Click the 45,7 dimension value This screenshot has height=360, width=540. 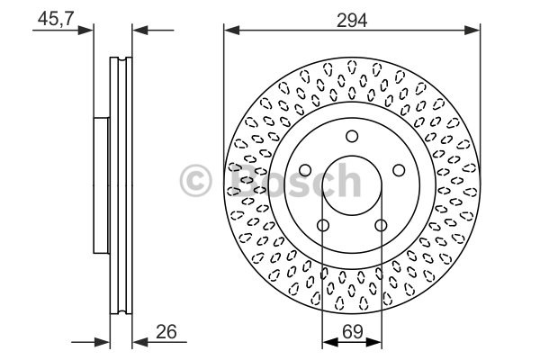[56, 18]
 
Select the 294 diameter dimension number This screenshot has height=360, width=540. [352, 21]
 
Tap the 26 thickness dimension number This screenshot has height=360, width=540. [166, 332]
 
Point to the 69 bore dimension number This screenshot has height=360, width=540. [353, 332]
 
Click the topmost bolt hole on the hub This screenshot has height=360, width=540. [352, 136]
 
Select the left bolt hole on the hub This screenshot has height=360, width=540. [305, 170]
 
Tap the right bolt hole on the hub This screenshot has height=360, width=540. [399, 170]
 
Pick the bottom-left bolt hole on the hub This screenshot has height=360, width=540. [323, 226]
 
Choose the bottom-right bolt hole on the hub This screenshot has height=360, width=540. [381, 226]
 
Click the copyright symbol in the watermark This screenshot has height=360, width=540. [195, 180]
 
